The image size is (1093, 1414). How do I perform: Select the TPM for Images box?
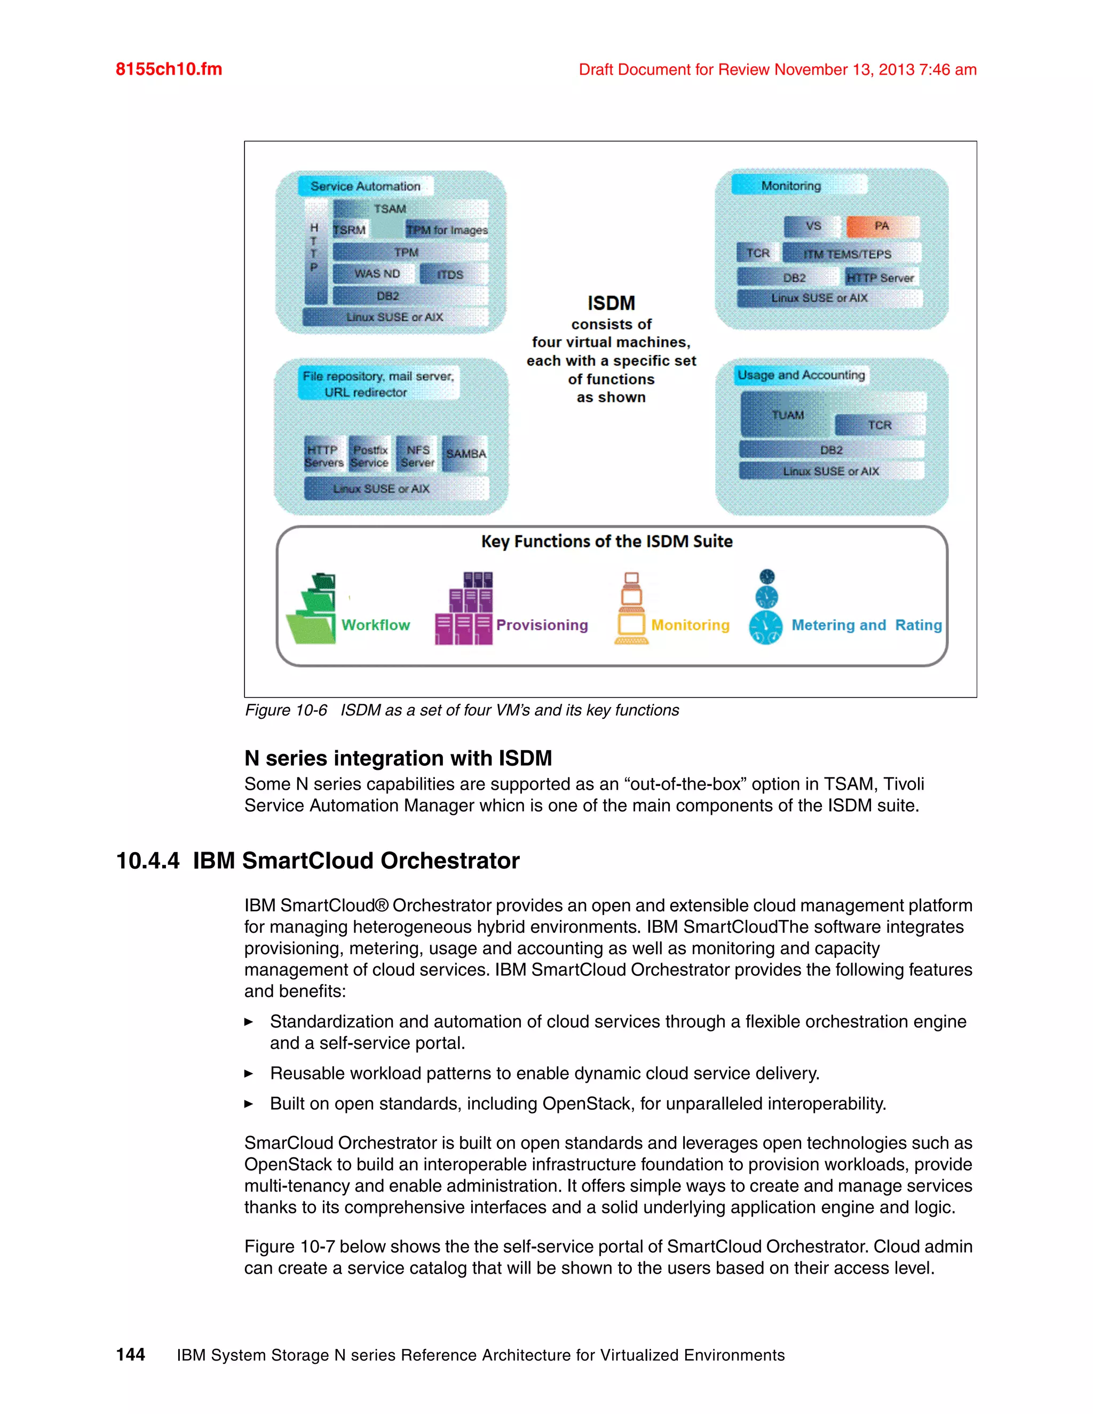(x=447, y=230)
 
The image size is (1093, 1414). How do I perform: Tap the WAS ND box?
(x=376, y=274)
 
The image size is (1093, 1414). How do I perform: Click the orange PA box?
(x=881, y=226)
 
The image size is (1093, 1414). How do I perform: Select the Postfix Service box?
(x=370, y=456)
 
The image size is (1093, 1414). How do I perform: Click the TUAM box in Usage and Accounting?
(x=787, y=415)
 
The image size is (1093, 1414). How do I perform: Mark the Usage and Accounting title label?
(x=801, y=375)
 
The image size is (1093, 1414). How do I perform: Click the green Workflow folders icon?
(x=313, y=609)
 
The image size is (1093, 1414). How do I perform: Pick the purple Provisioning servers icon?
(x=464, y=609)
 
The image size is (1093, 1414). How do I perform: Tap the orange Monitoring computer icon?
(x=631, y=609)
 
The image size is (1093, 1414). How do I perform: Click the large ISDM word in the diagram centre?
(x=611, y=303)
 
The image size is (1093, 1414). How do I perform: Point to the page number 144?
(x=130, y=1354)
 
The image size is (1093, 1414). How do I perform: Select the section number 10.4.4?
(x=148, y=861)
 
